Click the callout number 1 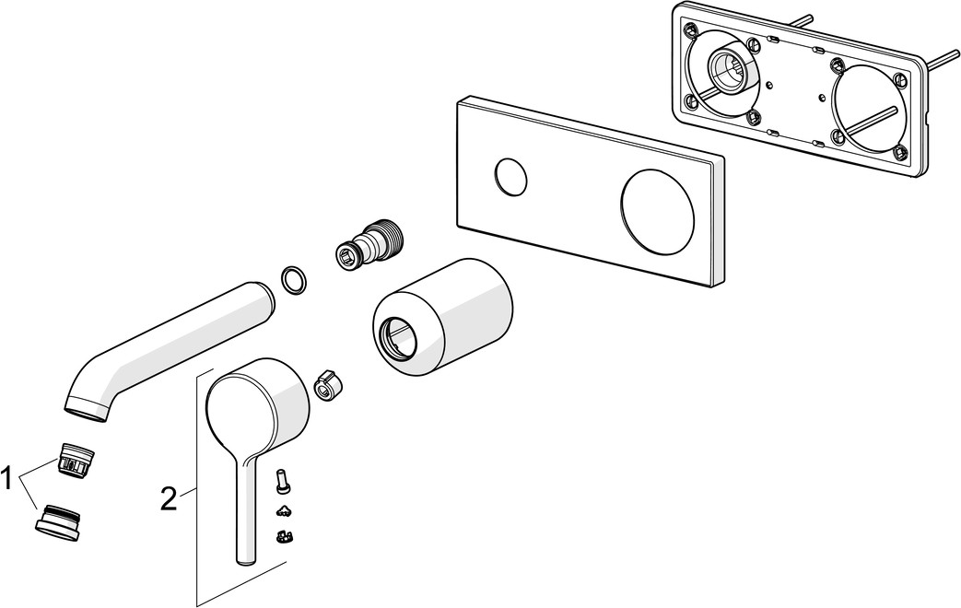pyautogui.click(x=6, y=479)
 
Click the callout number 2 pyautogui.click(x=169, y=499)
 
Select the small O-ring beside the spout pyautogui.click(x=294, y=280)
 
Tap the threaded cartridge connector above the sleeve pyautogui.click(x=370, y=242)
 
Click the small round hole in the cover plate pyautogui.click(x=510, y=178)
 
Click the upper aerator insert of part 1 pyautogui.click(x=76, y=459)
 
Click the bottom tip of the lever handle pyautogui.click(x=246, y=560)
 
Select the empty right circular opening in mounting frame pyautogui.click(x=865, y=109)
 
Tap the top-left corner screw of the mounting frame pyautogui.click(x=691, y=29)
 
